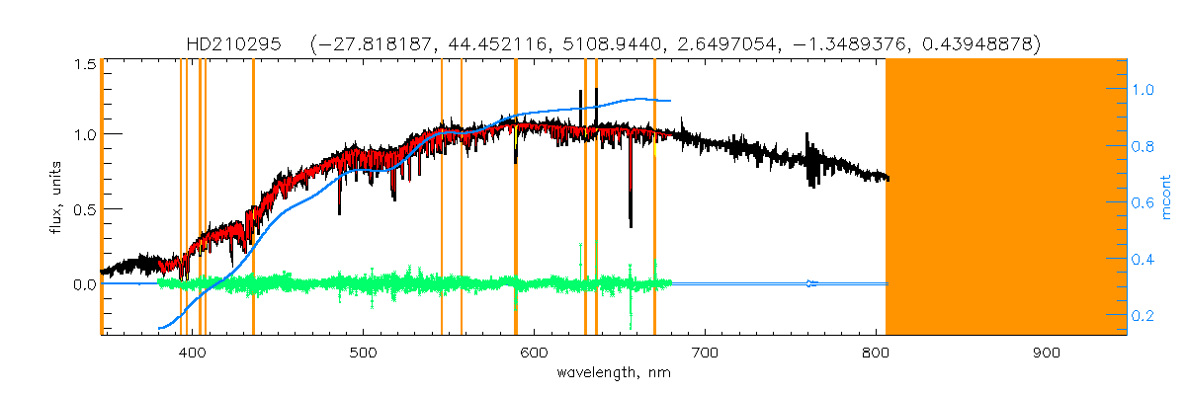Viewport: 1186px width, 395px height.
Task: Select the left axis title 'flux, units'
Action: [60, 197]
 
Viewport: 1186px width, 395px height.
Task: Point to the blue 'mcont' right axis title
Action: [1167, 197]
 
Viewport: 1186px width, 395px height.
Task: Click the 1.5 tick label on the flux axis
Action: [83, 64]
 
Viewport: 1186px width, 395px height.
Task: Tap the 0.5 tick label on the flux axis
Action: [83, 209]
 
